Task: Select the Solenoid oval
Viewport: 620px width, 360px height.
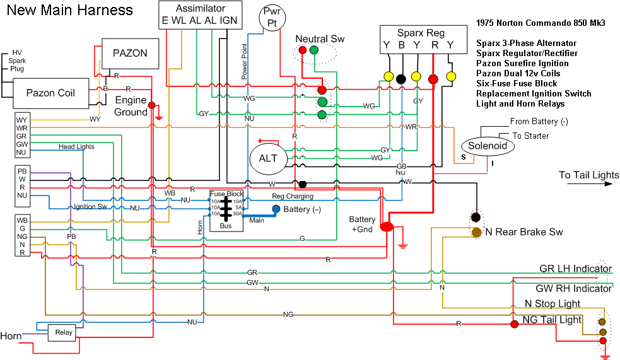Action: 488,146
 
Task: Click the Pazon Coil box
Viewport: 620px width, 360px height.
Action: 50,93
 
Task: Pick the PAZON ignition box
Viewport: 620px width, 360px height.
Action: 129,53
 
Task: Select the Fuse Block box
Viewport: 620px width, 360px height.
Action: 226,209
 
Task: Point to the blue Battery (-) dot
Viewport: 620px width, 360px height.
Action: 276,209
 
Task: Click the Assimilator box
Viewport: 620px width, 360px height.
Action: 199,15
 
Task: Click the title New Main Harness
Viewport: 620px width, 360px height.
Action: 70,10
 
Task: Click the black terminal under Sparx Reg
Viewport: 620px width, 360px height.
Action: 401,79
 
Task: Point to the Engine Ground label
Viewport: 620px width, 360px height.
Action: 131,106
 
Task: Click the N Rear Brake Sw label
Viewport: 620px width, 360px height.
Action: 523,232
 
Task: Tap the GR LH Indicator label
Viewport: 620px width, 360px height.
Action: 575,269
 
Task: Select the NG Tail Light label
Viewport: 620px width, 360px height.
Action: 552,320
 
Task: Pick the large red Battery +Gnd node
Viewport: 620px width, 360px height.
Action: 387,227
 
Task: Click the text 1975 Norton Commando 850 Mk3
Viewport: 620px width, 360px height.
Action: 541,23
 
